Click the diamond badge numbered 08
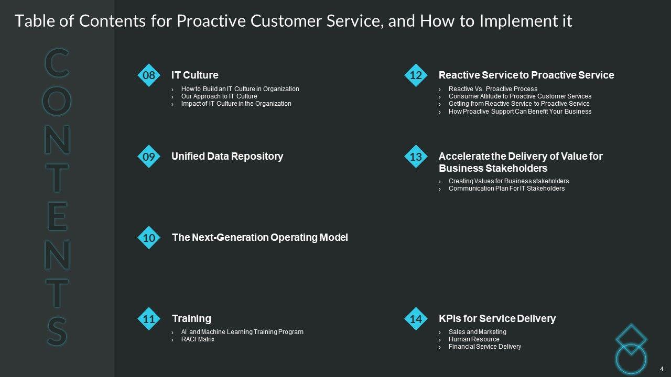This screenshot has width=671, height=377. [149, 75]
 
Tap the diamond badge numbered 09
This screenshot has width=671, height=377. [149, 157]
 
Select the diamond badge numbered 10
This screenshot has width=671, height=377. [149, 238]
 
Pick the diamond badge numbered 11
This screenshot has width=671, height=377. [149, 319]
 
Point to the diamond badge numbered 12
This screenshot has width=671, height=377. [416, 75]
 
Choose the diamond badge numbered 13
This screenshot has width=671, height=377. [416, 157]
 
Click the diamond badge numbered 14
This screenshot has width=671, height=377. [416, 319]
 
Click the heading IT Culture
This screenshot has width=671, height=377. [195, 75]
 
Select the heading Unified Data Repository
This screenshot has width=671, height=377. [227, 157]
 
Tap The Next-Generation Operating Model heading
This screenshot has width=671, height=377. [260, 238]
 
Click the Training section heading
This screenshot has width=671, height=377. [191, 319]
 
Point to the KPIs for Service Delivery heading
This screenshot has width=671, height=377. [497, 319]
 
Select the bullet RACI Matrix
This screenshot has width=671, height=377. [198, 339]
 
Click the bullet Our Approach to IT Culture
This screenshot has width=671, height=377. [219, 96]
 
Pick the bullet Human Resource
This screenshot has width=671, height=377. [474, 339]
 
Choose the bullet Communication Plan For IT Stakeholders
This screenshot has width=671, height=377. [506, 188]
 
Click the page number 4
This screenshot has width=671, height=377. [662, 369]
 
